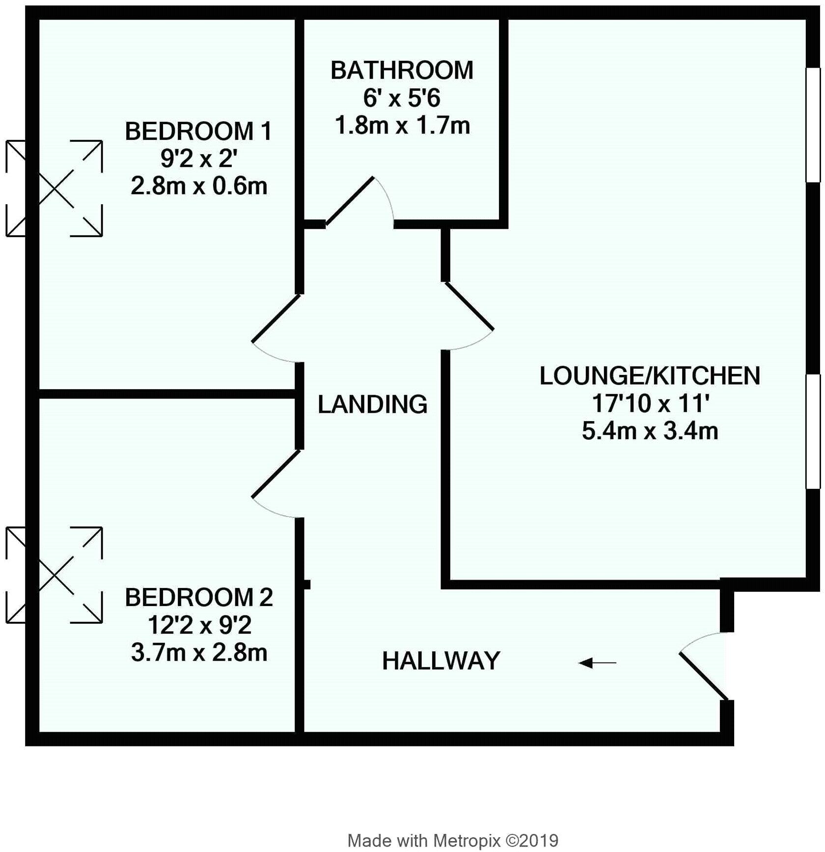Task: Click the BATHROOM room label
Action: tap(402, 71)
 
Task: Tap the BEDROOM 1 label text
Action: tap(198, 132)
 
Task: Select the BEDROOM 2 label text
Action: tap(198, 597)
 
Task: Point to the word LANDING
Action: tap(372, 404)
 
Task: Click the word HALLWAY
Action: tap(441, 661)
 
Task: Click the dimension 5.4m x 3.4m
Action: tap(650, 431)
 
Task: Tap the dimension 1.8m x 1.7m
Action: tap(402, 126)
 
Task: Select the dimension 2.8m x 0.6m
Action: tap(199, 186)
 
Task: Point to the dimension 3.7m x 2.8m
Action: tap(199, 653)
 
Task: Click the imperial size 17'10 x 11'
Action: tap(650, 404)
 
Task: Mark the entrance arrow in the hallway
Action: tap(597, 664)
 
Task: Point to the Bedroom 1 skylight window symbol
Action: tap(54, 188)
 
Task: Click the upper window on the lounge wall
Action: tap(813, 125)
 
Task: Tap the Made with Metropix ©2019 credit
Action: tap(453, 840)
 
